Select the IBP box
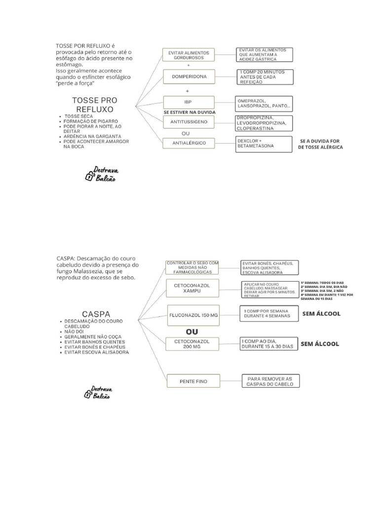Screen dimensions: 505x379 pos(189,103)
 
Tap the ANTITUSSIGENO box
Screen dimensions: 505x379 pos(189,121)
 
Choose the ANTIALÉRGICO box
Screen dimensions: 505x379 pos(189,143)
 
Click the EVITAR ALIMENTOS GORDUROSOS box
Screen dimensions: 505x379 pos(189,55)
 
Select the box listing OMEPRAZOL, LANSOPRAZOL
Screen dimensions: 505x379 pos(264,103)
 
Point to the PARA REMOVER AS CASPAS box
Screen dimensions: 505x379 pos(270,381)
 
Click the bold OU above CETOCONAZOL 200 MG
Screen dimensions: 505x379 pos(191,331)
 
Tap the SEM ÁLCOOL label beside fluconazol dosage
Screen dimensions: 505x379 pos(321,314)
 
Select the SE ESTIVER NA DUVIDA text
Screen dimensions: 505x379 pos(189,112)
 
